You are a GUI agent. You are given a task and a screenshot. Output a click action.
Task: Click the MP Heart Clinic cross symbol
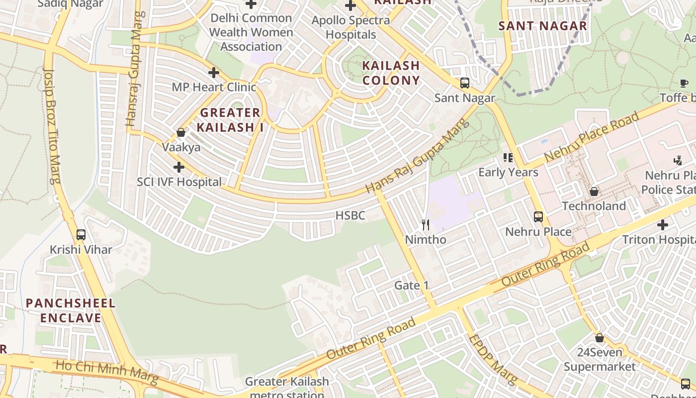[214, 73]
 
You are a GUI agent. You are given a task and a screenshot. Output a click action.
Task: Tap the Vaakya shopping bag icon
[181, 132]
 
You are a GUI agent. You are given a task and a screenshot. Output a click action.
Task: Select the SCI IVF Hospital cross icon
[179, 167]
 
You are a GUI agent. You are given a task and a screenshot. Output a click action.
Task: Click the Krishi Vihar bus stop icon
[81, 234]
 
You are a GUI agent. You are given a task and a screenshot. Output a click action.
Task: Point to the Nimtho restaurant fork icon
[425, 225]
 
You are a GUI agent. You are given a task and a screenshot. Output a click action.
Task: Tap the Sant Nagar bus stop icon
[465, 83]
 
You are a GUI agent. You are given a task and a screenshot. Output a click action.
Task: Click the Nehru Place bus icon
[538, 217]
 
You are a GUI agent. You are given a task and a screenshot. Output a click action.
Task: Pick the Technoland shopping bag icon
[594, 192]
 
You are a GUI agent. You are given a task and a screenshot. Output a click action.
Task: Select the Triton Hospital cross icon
[662, 225]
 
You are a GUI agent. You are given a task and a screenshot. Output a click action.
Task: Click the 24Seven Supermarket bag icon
[600, 338]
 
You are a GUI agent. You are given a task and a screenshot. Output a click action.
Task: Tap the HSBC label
[350, 215]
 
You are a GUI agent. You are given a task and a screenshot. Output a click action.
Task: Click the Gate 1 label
[411, 286]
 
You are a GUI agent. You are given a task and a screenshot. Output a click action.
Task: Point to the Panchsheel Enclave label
[71, 310]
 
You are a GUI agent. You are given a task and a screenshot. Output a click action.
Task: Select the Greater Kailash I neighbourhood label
[230, 120]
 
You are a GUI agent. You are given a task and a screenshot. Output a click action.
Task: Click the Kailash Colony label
[391, 73]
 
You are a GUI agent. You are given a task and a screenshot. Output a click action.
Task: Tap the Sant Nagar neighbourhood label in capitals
[543, 26]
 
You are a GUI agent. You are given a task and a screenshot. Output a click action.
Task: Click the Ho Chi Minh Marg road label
[107, 372]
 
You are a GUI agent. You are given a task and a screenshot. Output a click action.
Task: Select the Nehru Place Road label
[592, 136]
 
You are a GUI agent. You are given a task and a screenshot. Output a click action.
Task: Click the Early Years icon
[508, 158]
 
